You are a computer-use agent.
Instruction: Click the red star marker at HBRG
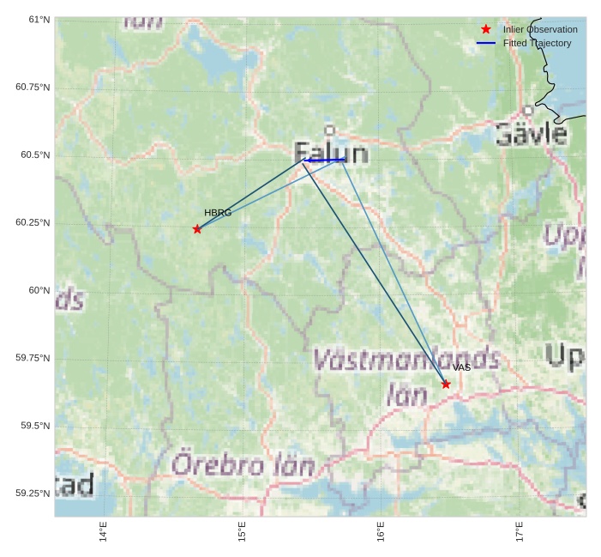pyautogui.click(x=197, y=229)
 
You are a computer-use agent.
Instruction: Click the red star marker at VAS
pyautogui.click(x=446, y=384)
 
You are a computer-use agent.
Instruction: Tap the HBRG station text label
pyautogui.click(x=218, y=213)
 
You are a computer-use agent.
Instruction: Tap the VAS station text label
pyautogui.click(x=462, y=367)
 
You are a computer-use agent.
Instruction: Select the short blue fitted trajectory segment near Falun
pyautogui.click(x=325, y=160)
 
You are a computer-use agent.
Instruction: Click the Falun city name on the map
pyautogui.click(x=332, y=154)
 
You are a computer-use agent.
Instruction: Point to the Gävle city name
pyautogui.click(x=531, y=134)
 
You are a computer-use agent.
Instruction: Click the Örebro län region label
pyautogui.click(x=243, y=465)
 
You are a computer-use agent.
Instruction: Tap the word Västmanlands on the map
pyautogui.click(x=406, y=358)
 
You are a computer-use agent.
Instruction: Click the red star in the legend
pyautogui.click(x=486, y=29)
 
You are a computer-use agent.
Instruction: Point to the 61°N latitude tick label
pyautogui.click(x=33, y=19)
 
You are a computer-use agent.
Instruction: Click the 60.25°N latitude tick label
pyautogui.click(x=33, y=222)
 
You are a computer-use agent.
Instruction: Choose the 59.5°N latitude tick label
pyautogui.click(x=33, y=426)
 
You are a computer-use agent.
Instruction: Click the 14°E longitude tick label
pyautogui.click(x=104, y=532)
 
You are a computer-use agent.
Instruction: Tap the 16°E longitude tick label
pyautogui.click(x=381, y=532)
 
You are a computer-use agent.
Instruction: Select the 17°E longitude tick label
pyautogui.click(x=520, y=532)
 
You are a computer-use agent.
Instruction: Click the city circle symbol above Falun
pyautogui.click(x=330, y=130)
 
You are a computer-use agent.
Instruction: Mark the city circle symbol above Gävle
pyautogui.click(x=528, y=110)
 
